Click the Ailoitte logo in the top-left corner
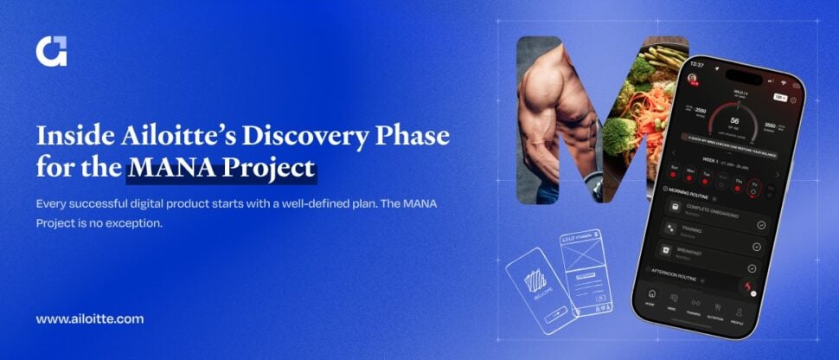click(51, 51)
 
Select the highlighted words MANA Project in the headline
click(221, 168)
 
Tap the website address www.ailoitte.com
click(90, 318)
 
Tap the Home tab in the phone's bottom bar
click(650, 309)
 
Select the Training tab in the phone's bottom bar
click(694, 312)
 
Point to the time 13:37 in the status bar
click(697, 65)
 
